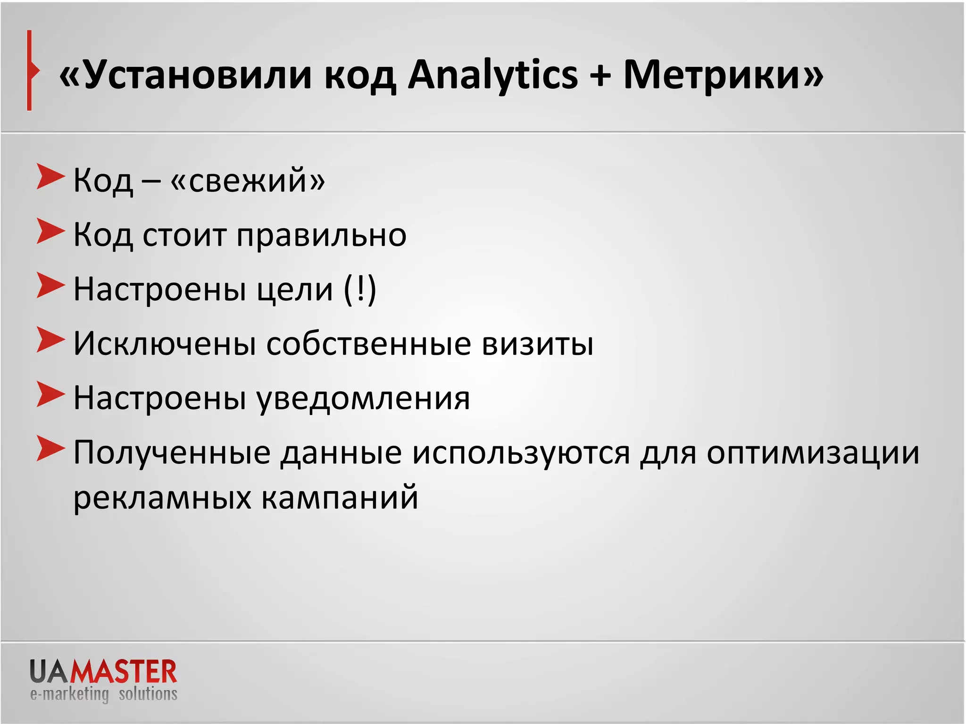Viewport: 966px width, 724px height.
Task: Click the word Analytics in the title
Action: click(492, 75)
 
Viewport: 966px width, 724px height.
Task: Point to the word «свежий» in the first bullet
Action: click(248, 180)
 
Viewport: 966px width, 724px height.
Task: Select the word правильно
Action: click(321, 235)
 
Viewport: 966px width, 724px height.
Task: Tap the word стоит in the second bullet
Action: click(184, 235)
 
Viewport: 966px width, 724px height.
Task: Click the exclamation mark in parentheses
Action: click(360, 288)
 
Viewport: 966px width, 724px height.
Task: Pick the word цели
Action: click(295, 289)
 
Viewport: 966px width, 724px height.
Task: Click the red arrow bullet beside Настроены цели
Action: click(50, 286)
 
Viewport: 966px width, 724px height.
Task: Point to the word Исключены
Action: click(165, 344)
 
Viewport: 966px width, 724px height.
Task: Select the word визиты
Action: click(538, 344)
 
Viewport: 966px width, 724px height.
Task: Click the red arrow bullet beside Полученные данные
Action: click(50, 449)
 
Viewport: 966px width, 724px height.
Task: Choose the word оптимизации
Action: click(813, 453)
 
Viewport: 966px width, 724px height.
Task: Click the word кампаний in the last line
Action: click(340, 498)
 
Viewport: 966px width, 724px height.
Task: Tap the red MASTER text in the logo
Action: click(123, 672)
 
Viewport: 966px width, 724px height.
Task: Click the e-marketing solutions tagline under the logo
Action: click(104, 694)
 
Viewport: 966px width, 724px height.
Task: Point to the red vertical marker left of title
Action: click(30, 71)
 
